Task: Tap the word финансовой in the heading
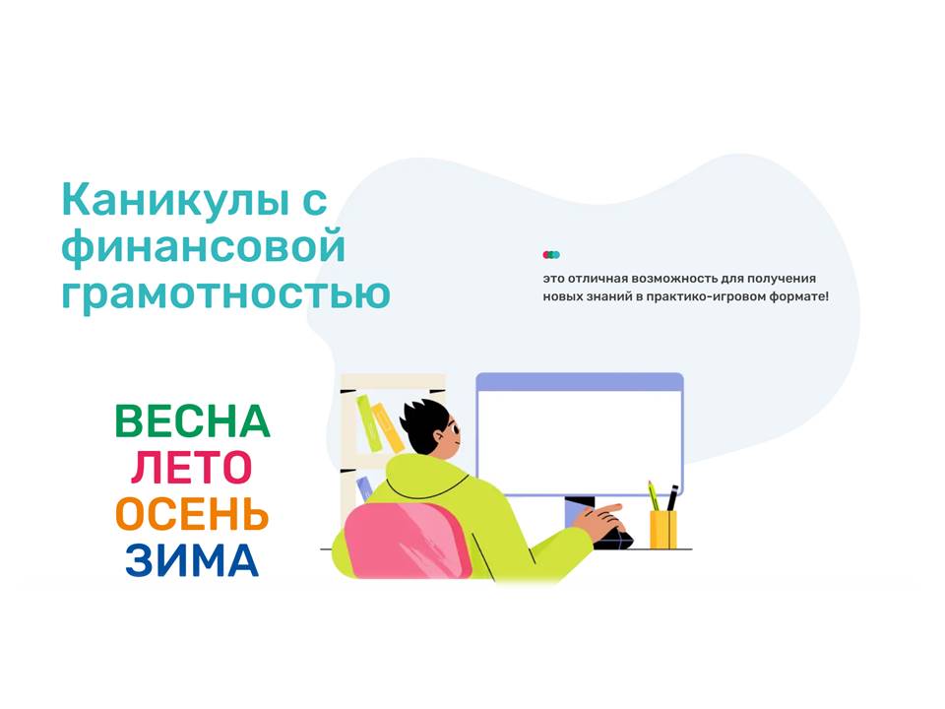pos(203,246)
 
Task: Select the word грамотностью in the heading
pos(226,292)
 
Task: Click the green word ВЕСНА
pos(192,421)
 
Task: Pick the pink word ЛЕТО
pos(192,468)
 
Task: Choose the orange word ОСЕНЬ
pos(192,514)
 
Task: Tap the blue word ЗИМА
pos(192,560)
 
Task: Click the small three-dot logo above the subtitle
pos(551,255)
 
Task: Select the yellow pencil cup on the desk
pos(662,530)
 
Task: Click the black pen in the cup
pos(672,498)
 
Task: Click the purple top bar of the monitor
pos(580,382)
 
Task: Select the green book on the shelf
pos(368,422)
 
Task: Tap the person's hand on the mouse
pos(598,519)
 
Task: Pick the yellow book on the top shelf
pos(388,427)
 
